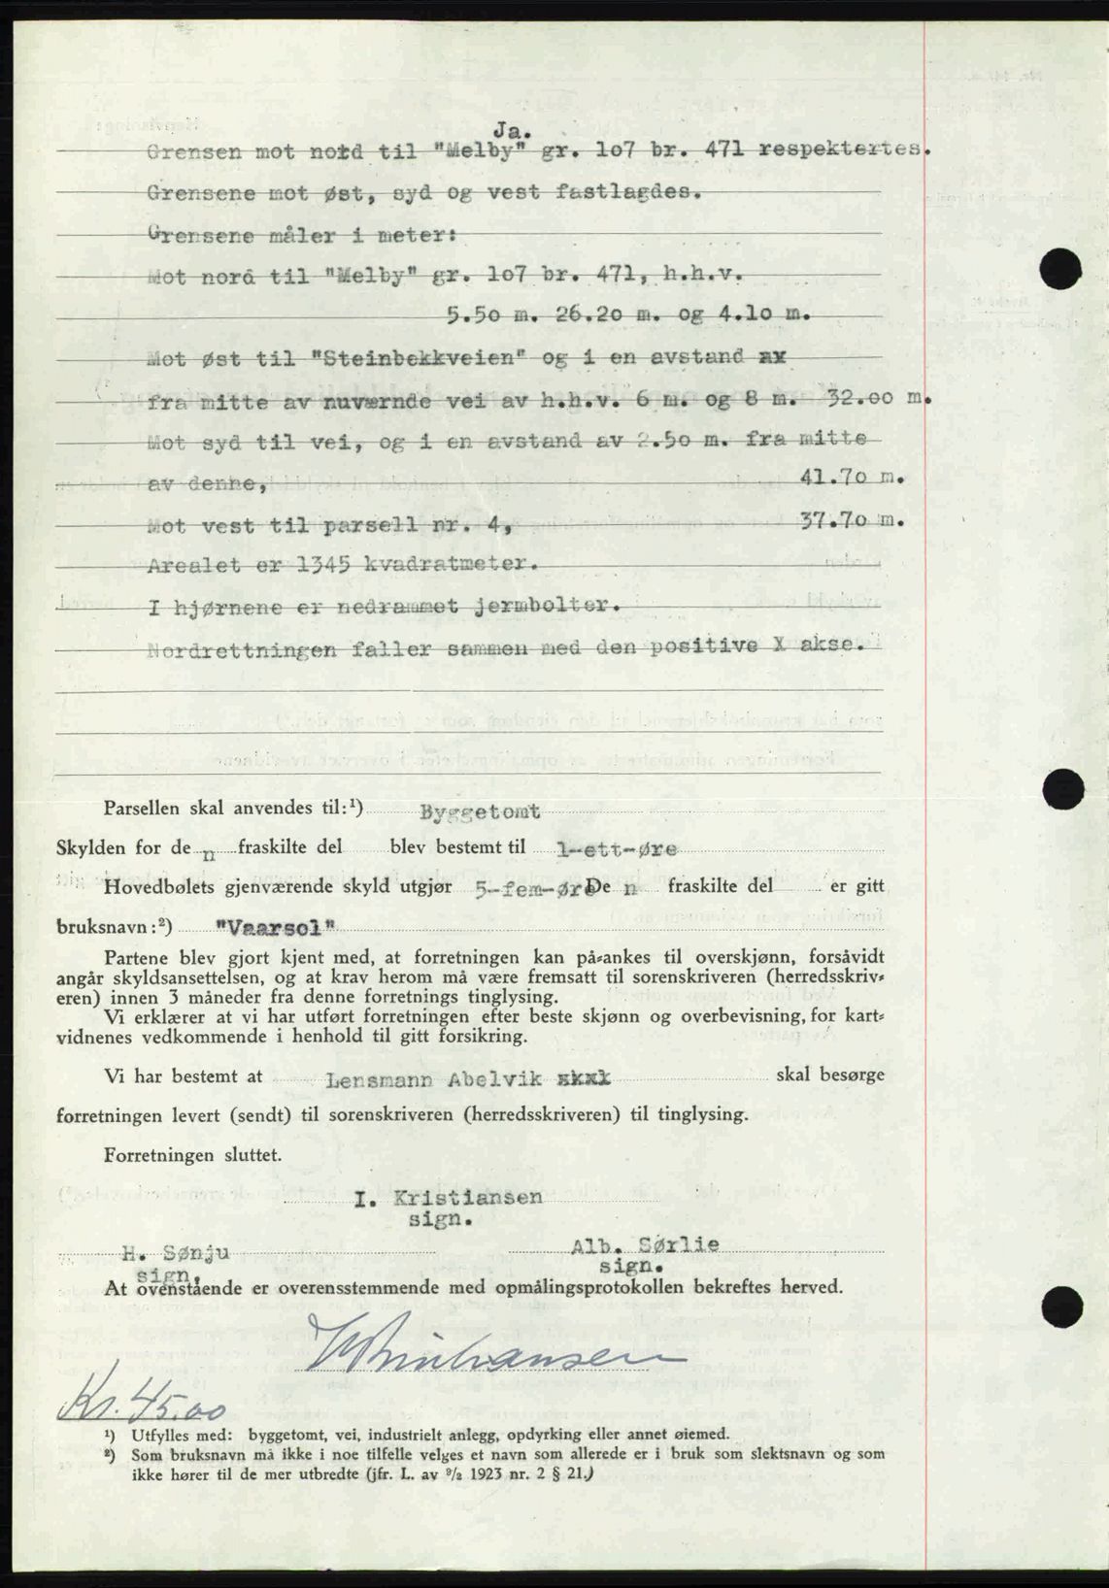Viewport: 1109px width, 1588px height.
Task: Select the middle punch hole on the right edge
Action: pyautogui.click(x=1064, y=789)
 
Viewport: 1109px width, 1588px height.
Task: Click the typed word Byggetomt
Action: pyautogui.click(x=480, y=812)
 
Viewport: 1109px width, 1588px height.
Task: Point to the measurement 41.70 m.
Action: pyautogui.click(x=850, y=478)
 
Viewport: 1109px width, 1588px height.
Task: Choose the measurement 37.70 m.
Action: pyautogui.click(x=851, y=520)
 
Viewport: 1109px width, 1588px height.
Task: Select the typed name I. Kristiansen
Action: pyautogui.click(x=448, y=1198)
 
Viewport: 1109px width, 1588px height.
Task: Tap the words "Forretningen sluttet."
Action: pyautogui.click(x=193, y=1155)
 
